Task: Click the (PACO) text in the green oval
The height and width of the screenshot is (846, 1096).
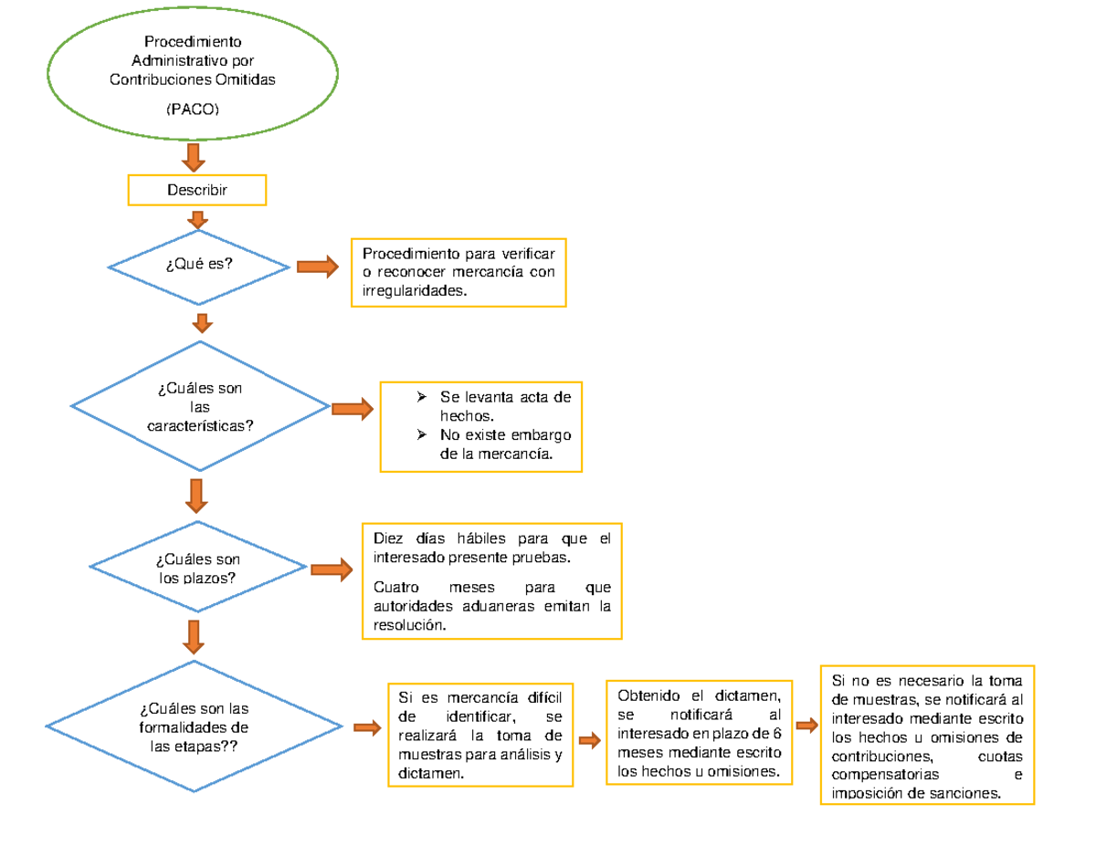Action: pyautogui.click(x=192, y=110)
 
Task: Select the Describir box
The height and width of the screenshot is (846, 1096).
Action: pyautogui.click(x=196, y=190)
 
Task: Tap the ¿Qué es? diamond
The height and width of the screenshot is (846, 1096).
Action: pyautogui.click(x=199, y=266)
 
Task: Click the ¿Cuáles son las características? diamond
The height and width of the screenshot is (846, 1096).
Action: pyautogui.click(x=200, y=407)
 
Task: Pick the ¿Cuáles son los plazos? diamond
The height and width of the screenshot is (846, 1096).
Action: pyautogui.click(x=198, y=569)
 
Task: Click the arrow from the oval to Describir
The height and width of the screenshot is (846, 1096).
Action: pyautogui.click(x=193, y=156)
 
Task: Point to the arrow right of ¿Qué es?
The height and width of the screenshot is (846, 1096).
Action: pyautogui.click(x=316, y=266)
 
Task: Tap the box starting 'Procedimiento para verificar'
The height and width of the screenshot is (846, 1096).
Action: pyautogui.click(x=458, y=272)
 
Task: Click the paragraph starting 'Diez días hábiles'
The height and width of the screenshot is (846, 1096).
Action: pyautogui.click(x=491, y=547)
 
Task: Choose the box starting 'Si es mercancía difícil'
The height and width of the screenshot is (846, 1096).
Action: pyautogui.click(x=480, y=735)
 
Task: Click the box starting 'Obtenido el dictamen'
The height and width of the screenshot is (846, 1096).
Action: pyautogui.click(x=699, y=732)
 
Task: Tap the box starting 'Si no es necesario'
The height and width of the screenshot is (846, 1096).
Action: pyautogui.click(x=927, y=736)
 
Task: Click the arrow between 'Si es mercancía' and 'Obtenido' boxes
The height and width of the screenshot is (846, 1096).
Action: pyautogui.click(x=589, y=740)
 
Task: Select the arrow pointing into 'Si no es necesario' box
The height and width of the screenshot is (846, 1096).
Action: pyautogui.click(x=806, y=726)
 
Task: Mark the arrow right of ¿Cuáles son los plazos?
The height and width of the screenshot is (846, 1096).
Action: pyautogui.click(x=332, y=569)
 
